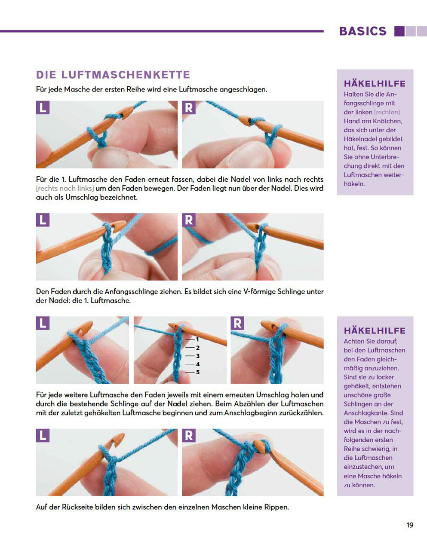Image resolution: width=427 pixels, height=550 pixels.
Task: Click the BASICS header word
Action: [x=362, y=31]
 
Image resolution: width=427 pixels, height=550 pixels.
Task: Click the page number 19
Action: [x=409, y=525]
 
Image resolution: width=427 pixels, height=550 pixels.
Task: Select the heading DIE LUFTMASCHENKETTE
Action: [x=113, y=75]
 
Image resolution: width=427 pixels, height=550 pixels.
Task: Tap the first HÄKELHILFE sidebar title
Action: [x=375, y=84]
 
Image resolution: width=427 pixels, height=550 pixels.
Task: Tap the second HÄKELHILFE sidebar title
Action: [x=375, y=330]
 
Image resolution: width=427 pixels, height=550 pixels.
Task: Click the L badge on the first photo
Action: [x=43, y=107]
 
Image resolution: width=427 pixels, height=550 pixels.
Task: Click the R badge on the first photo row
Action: [x=189, y=107]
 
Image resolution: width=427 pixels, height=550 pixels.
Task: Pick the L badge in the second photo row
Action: [x=43, y=220]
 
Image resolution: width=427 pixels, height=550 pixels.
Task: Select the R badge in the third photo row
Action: [x=237, y=323]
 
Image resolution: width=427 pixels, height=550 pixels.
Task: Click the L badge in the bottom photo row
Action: [x=43, y=435]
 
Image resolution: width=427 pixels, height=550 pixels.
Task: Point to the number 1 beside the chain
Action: [x=197, y=339]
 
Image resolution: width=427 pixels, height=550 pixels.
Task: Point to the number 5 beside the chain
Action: [x=198, y=372]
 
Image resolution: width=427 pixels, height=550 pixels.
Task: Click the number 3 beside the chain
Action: [x=198, y=356]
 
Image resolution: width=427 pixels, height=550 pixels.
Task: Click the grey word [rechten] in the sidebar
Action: [x=387, y=112]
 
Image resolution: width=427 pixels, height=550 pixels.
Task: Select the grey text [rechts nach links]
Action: [x=65, y=189]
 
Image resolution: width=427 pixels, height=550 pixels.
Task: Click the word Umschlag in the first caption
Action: [x=65, y=198]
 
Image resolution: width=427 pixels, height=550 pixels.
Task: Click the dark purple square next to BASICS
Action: [x=399, y=31]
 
